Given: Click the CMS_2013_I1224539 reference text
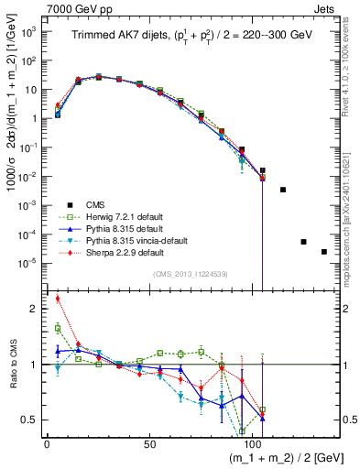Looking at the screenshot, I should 190,273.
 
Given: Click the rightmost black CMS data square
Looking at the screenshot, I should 324,252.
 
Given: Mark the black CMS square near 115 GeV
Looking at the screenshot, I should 283,190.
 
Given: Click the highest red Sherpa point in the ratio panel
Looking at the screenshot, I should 58,298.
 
